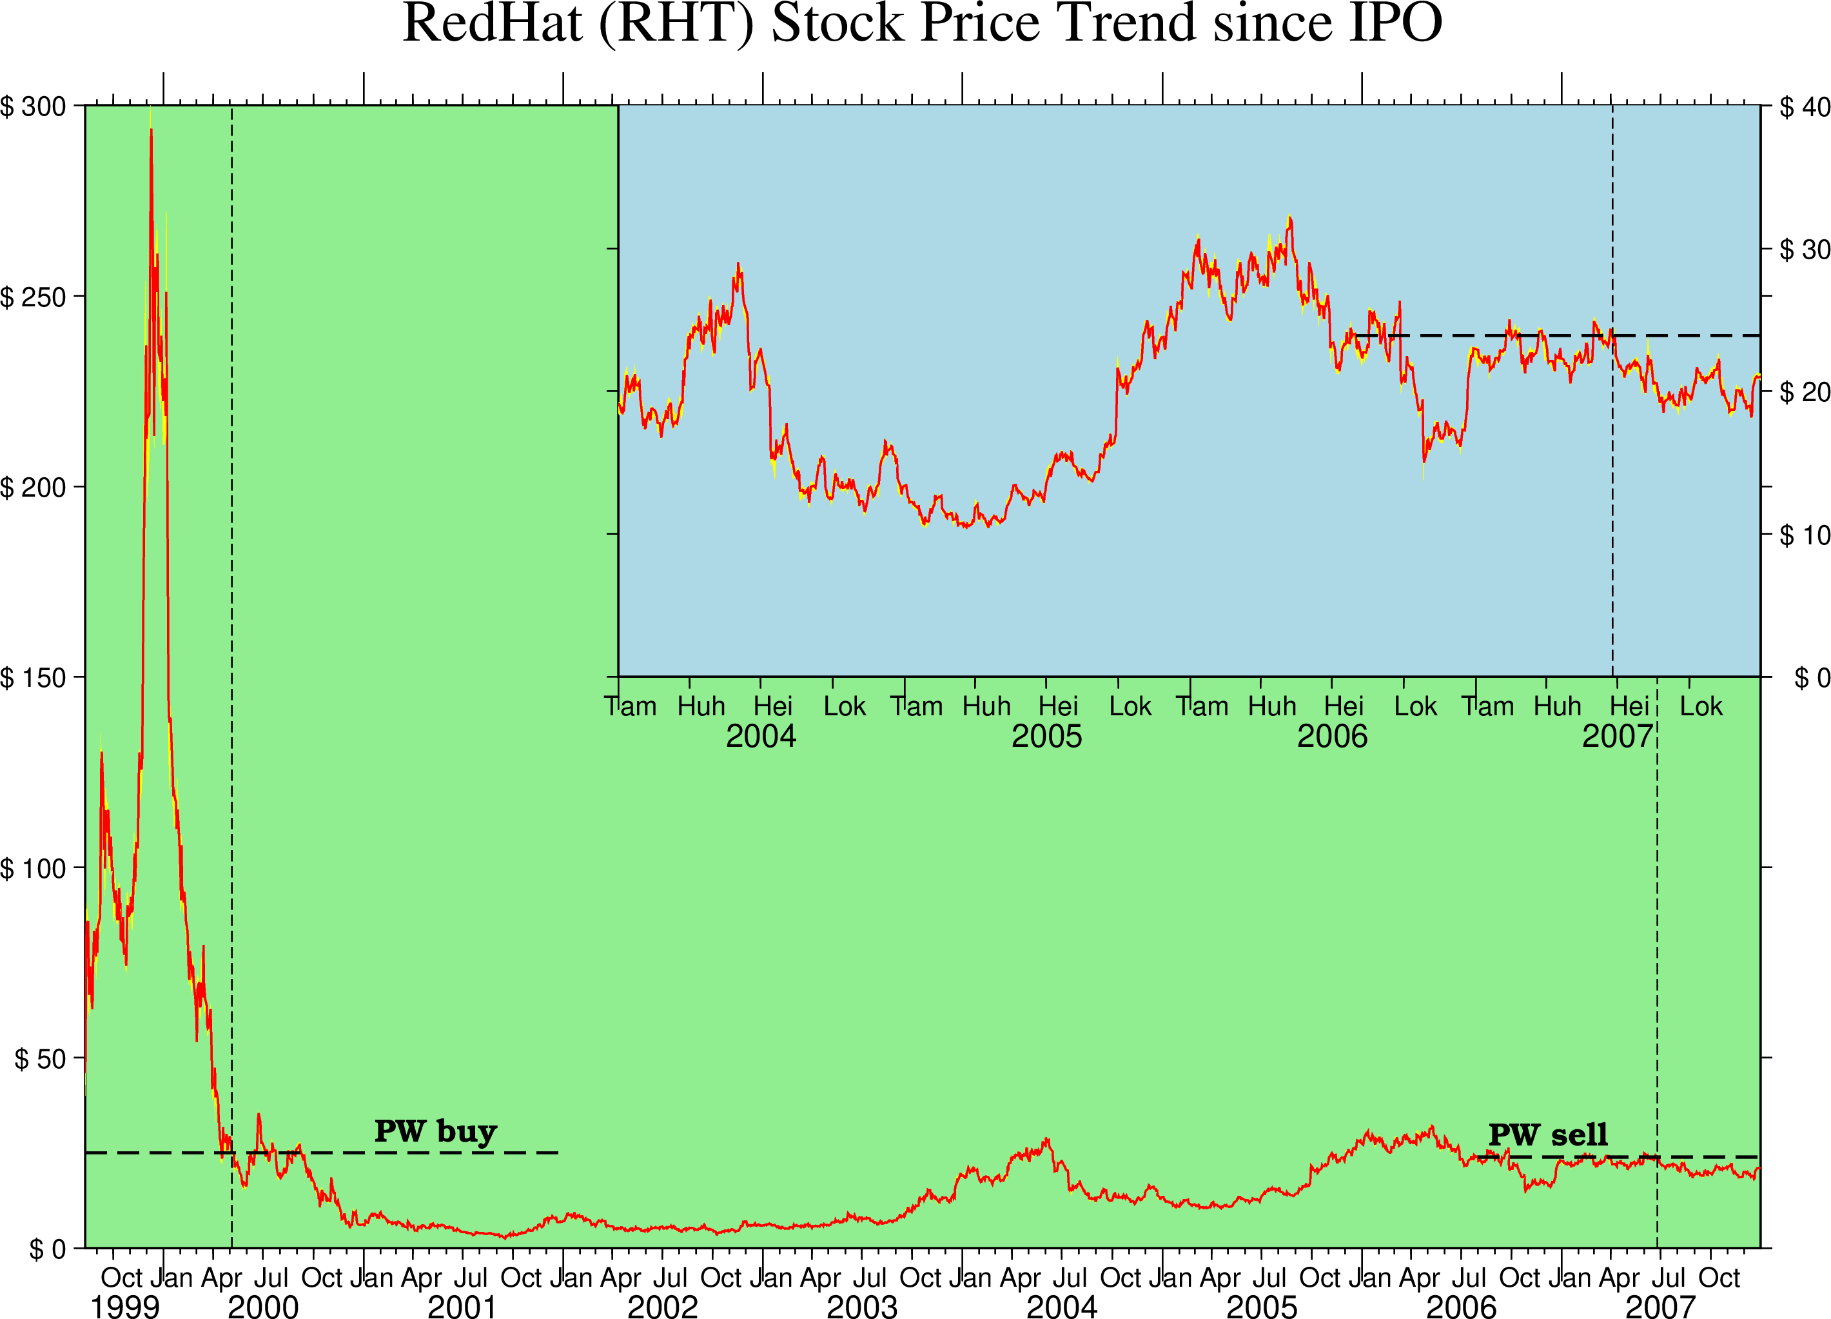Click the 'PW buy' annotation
pyautogui.click(x=435, y=1131)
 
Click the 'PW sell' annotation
pyautogui.click(x=1547, y=1135)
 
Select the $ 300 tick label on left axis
pyautogui.click(x=33, y=106)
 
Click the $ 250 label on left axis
pyautogui.click(x=33, y=297)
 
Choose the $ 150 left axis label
pyautogui.click(x=33, y=678)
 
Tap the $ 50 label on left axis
pyautogui.click(x=41, y=1058)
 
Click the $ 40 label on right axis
pyautogui.click(x=1805, y=106)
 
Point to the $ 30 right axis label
pyautogui.click(x=1805, y=250)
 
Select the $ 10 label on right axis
pyautogui.click(x=1805, y=535)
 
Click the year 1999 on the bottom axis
pyautogui.click(x=125, y=1306)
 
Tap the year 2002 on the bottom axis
pyautogui.click(x=662, y=1306)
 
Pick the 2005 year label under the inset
pyautogui.click(x=1046, y=736)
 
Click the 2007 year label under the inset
pyautogui.click(x=1617, y=736)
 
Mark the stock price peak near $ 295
pyautogui.click(x=151, y=129)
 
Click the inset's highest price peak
pyautogui.click(x=1289, y=217)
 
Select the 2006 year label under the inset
pyautogui.click(x=1332, y=736)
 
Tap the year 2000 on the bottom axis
pyautogui.click(x=263, y=1306)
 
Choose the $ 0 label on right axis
pyautogui.click(x=1812, y=678)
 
